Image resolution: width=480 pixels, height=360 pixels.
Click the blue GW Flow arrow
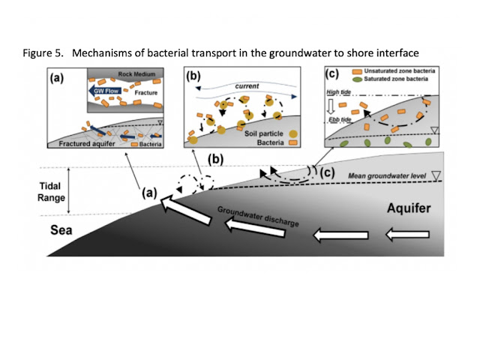[105, 91]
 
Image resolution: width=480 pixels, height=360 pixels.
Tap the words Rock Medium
[136, 74]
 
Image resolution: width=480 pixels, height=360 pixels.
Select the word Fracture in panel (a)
[146, 93]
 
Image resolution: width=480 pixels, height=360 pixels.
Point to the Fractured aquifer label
[87, 143]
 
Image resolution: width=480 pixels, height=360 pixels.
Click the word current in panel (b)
[247, 86]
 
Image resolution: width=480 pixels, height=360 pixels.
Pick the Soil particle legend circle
[293, 133]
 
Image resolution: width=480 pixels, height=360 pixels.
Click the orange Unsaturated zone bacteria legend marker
[357, 72]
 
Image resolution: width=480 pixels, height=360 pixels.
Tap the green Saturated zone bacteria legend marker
[357, 79]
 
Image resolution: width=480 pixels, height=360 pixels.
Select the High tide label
[338, 91]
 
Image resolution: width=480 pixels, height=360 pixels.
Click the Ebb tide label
[340, 119]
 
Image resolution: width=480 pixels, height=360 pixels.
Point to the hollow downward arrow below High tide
[330, 106]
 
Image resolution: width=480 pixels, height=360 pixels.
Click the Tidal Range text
[51, 192]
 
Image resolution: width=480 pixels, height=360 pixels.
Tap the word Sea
[61, 230]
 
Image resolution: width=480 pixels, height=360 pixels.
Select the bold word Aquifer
[409, 208]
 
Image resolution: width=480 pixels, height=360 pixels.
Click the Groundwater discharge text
[258, 216]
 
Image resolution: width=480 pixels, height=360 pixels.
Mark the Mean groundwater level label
[387, 176]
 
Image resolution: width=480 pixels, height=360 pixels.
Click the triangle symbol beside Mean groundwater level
[436, 175]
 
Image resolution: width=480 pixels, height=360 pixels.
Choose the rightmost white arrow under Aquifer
[407, 235]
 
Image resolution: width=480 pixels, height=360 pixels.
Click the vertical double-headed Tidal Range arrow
[68, 190]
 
